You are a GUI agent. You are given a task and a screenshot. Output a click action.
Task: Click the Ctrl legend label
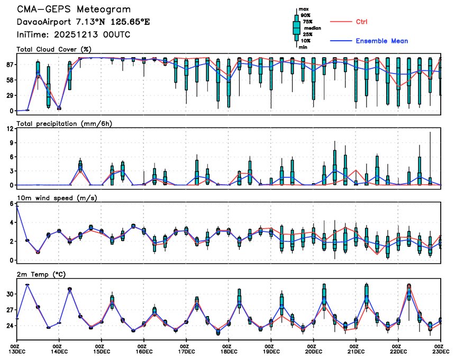point(361,22)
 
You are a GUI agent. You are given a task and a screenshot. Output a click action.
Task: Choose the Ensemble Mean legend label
point(381,41)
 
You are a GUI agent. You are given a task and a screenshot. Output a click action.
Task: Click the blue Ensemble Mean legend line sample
point(341,41)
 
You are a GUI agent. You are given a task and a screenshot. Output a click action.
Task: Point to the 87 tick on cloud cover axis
point(10,65)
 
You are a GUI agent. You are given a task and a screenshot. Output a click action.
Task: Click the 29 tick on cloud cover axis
point(10,95)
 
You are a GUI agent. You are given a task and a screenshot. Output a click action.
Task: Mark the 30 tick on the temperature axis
point(10,294)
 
